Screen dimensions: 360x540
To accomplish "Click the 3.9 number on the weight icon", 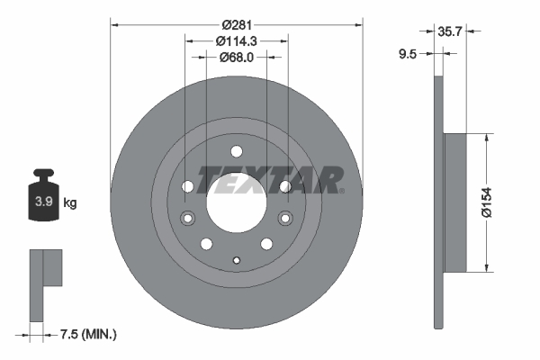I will coord(42,202).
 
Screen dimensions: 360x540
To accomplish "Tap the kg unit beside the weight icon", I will coord(70,202).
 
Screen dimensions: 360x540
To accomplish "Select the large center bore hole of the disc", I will coord(236,201).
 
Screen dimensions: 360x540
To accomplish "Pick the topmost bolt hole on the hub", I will coord(236,151).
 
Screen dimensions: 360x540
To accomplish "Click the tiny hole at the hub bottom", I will coord(236,261).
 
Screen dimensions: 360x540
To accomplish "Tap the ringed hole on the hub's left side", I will coord(188,218).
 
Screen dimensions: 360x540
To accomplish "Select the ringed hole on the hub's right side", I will coord(284,218).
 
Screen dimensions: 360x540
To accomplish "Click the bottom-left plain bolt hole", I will coord(206,243).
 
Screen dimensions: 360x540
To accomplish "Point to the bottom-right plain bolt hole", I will coord(266,243).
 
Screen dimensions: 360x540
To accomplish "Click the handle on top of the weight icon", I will coord(42,173).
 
